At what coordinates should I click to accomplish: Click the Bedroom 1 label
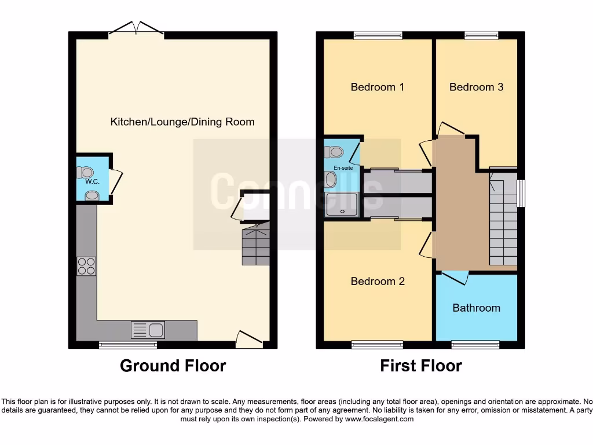coord(377,87)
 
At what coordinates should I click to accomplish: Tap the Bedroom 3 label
coord(476,87)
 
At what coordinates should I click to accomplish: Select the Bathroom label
coord(476,308)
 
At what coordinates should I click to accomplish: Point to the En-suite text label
coord(343,168)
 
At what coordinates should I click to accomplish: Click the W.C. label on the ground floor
coord(93,182)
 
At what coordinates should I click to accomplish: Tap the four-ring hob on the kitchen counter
coord(86,266)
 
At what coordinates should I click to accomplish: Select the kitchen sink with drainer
coord(148,330)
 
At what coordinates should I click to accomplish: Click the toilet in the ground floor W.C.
coord(85,172)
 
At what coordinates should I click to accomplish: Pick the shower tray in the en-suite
coord(342,204)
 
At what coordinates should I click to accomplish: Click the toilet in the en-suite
coord(334,152)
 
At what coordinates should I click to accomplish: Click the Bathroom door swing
coord(455,277)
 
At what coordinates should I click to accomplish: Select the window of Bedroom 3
coord(481,36)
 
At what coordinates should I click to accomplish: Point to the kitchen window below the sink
coord(128,345)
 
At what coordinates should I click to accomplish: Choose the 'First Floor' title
coord(420,366)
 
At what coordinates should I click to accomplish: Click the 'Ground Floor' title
coord(173,366)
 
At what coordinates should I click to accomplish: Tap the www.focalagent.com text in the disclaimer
coord(379,419)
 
